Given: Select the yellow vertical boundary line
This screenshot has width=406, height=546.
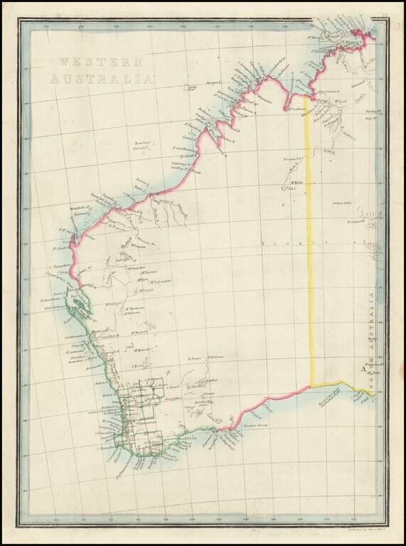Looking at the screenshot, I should click(309, 249).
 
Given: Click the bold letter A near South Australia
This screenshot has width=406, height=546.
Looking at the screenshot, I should click(363, 368).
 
